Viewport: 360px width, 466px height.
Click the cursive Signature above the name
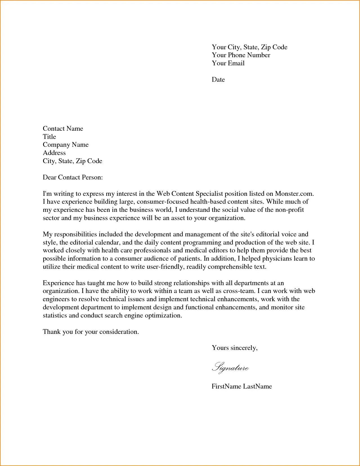click(x=230, y=368)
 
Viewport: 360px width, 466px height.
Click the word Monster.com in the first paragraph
click(x=294, y=194)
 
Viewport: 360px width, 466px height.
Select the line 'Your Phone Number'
click(x=241, y=55)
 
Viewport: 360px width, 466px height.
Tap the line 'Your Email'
click(x=228, y=63)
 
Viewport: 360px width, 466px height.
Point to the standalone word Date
click(x=218, y=79)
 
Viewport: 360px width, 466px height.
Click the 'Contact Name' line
click(x=63, y=128)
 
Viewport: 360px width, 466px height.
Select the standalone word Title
click(x=49, y=137)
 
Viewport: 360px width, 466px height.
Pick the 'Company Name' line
click(x=66, y=145)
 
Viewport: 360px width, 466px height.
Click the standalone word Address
click(x=54, y=153)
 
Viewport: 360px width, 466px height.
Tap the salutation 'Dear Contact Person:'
click(x=73, y=177)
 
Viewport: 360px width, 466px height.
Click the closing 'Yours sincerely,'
click(x=234, y=348)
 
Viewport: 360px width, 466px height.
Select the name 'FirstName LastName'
click(x=242, y=386)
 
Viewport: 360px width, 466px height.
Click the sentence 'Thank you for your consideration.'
click(x=91, y=332)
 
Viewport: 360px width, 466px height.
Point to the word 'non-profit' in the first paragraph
click(x=290, y=210)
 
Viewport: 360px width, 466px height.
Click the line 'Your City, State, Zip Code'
click(x=249, y=47)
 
